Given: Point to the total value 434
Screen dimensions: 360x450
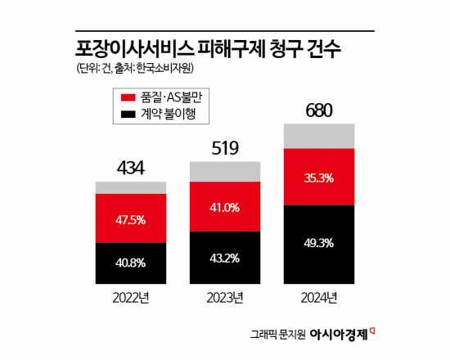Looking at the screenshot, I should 130,169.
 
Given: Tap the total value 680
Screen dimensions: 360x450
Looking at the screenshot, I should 319,110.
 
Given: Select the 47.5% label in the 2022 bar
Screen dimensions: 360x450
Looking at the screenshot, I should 131,219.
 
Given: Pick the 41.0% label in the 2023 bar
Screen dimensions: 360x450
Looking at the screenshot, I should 225,208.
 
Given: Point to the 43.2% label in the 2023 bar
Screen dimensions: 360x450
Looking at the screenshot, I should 225,259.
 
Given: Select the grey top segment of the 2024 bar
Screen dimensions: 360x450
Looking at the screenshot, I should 319,136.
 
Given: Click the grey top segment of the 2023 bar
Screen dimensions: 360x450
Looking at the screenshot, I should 225,171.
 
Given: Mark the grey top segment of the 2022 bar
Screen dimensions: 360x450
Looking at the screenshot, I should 131,188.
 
